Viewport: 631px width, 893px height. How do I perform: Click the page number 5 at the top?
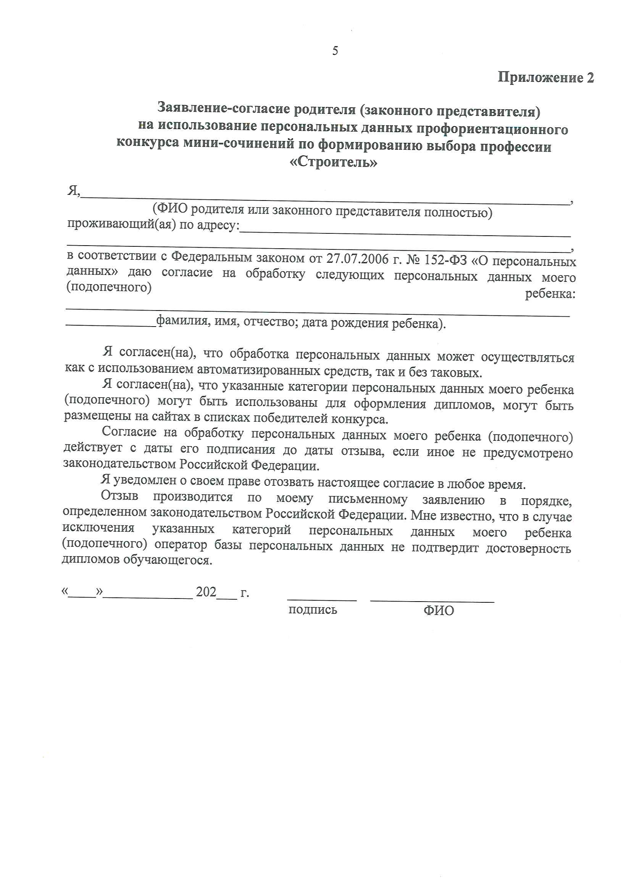pyautogui.click(x=335, y=50)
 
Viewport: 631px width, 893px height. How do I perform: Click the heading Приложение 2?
pyautogui.click(x=545, y=77)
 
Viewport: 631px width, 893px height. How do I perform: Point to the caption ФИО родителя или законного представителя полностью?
pyautogui.click(x=322, y=211)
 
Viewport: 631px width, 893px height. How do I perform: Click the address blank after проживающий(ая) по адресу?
pyautogui.click(x=405, y=231)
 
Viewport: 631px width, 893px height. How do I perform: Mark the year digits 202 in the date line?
pyautogui.click(x=206, y=592)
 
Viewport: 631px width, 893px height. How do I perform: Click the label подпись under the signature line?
pyautogui.click(x=313, y=610)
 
